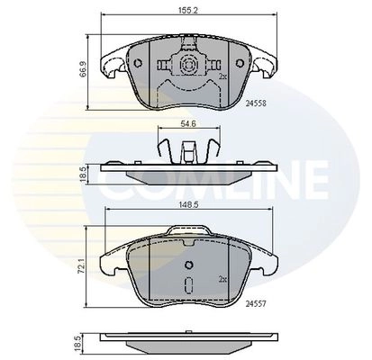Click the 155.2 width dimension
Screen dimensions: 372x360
point(188,10)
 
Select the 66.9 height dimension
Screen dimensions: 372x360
point(83,69)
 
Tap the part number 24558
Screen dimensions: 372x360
point(256,103)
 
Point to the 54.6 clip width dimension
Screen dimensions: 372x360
point(189,123)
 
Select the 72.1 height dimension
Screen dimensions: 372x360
point(81,265)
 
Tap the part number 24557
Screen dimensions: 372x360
point(256,304)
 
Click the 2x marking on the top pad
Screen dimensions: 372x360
point(222,76)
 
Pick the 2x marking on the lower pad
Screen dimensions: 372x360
point(222,280)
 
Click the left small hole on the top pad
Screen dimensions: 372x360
point(138,63)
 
